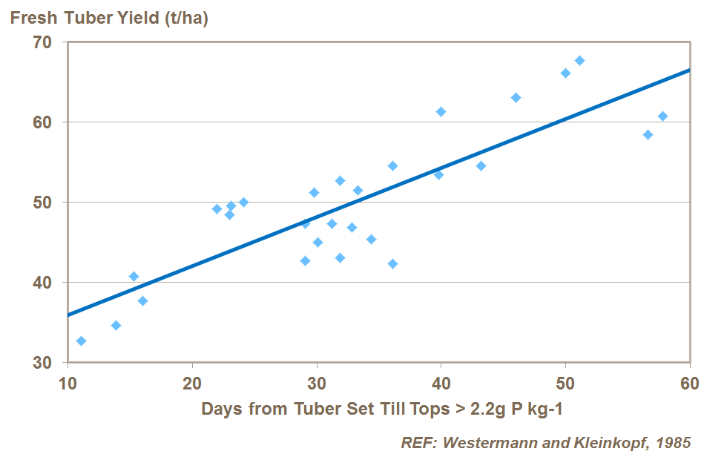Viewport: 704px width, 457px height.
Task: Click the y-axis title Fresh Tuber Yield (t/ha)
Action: [x=108, y=18]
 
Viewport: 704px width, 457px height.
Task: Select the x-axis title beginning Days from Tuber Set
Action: [x=378, y=410]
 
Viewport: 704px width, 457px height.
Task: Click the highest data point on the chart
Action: [x=579, y=60]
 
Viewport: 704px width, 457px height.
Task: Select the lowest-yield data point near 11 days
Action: [x=81, y=341]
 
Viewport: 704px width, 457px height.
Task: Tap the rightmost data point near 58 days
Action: [x=662, y=116]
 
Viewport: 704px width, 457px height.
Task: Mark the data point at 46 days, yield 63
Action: [x=516, y=98]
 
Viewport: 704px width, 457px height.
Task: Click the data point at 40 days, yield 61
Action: [x=441, y=112]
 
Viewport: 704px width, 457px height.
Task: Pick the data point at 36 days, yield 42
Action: [x=392, y=264]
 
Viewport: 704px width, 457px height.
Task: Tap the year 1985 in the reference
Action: [x=675, y=443]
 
